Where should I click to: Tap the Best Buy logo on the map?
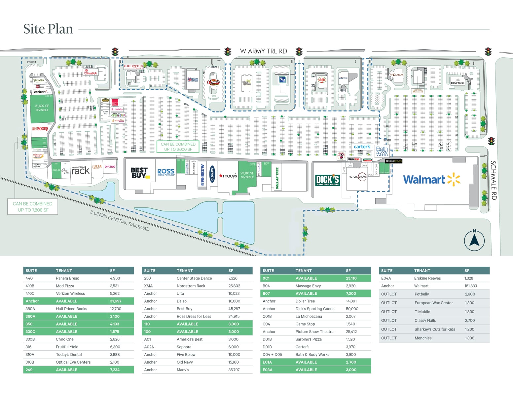point(139,173)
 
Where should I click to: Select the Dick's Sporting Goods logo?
point(327,180)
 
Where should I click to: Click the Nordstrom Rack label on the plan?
point(80,170)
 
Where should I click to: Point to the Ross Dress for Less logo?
point(166,172)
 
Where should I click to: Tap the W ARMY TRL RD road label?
point(263,51)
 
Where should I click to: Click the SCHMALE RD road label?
point(493,180)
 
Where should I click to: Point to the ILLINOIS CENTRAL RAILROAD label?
point(120,220)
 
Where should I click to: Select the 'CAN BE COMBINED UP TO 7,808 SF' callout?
point(33,207)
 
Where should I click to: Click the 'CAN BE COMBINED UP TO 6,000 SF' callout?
point(178,147)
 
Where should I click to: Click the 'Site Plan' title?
point(48,29)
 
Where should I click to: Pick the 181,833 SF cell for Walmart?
point(471,286)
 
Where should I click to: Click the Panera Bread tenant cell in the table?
point(67,278)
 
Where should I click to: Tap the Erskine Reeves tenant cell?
point(427,278)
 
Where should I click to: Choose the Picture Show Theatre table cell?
point(314,331)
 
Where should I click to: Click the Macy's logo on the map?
point(228,176)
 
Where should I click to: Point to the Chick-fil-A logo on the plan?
point(90,72)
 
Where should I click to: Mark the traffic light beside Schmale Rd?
point(491,141)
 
